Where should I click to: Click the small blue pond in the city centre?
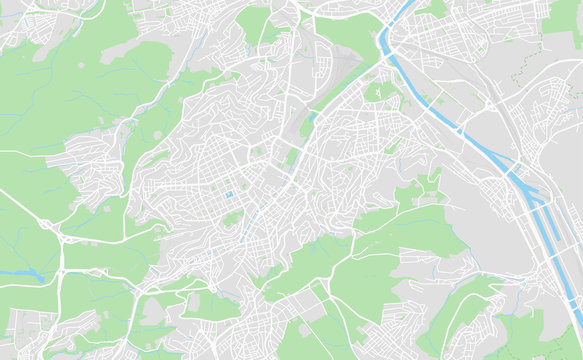tap(229, 194)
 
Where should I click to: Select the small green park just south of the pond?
tap(232, 217)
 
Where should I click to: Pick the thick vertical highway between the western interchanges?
tap(62, 262)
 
